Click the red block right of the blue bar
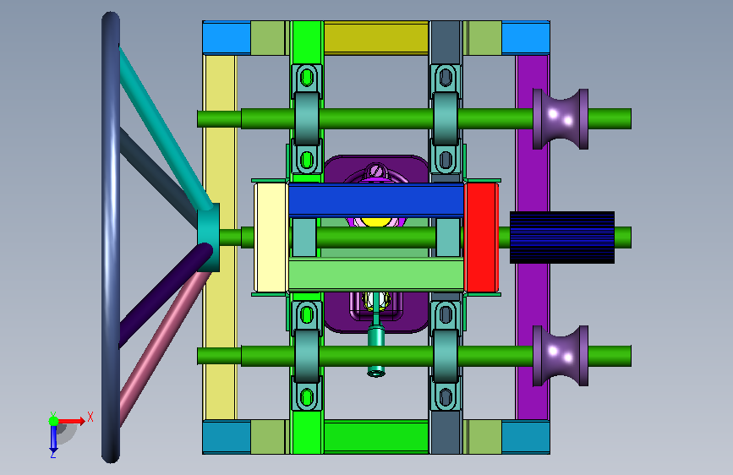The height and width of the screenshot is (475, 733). (480, 237)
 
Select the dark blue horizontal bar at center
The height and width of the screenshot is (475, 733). (376, 200)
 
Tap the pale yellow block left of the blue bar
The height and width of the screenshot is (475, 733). (271, 237)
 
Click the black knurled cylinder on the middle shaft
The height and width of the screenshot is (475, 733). (562, 237)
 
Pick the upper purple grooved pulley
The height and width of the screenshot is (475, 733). (561, 118)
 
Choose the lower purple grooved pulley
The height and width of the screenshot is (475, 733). (561, 356)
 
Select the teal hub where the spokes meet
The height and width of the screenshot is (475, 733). (209, 237)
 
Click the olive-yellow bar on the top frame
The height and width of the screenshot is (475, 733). (376, 37)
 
